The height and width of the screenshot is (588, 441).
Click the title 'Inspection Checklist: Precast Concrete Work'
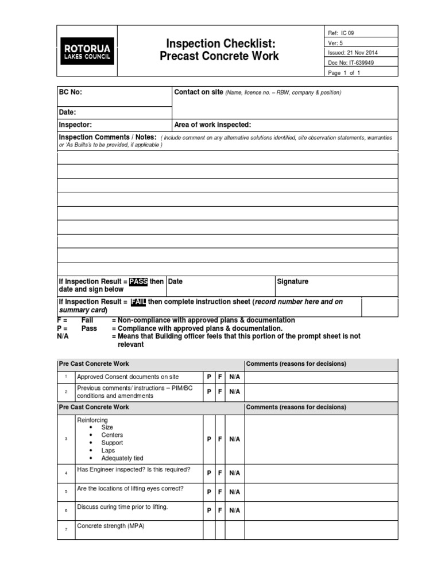point(222,49)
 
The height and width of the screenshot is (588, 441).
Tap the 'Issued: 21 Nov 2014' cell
point(360,53)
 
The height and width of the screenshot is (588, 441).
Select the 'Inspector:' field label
point(75,125)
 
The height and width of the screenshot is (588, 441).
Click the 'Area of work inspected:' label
point(212,125)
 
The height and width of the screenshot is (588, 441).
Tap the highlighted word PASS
point(138,281)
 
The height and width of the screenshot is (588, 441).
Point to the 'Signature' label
point(293,281)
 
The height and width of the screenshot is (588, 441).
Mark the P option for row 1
point(209,377)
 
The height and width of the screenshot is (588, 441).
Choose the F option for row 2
point(219,392)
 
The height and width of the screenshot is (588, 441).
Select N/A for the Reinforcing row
point(234,439)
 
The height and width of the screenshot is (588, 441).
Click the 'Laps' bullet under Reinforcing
point(108,451)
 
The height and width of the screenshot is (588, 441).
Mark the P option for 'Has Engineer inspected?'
point(209,473)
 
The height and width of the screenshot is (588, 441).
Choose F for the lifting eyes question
point(219,492)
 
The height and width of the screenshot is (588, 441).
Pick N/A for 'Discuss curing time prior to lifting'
point(234,510)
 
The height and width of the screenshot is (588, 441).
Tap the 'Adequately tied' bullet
point(122,458)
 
